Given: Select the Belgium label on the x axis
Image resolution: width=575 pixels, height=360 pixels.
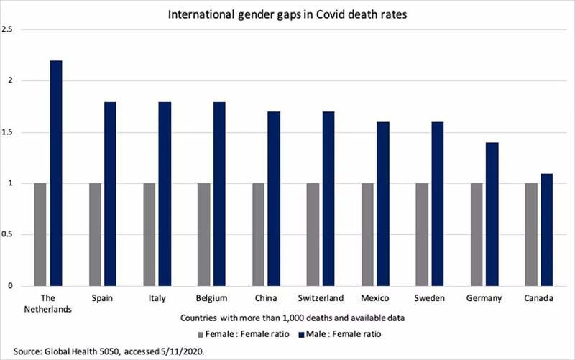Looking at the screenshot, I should [211, 297].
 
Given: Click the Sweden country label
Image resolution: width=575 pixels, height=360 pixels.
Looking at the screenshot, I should [428, 297].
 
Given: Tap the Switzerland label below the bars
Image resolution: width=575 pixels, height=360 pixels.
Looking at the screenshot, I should [320, 297].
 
